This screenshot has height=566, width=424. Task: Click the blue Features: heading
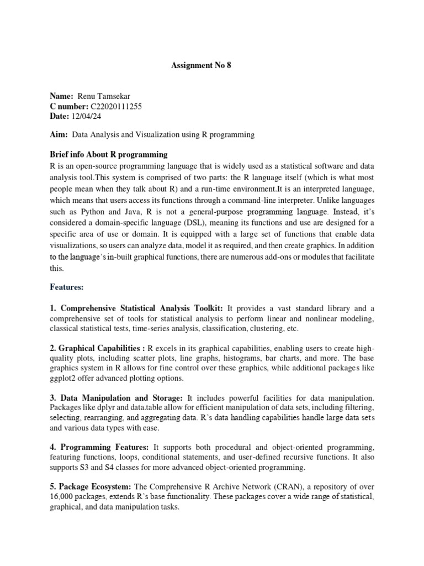tap(67, 287)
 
